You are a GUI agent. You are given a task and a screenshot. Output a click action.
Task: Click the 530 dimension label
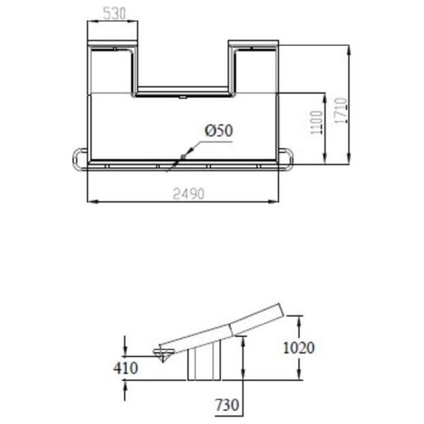[114, 13]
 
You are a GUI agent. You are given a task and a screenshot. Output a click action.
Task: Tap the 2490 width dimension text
[189, 194]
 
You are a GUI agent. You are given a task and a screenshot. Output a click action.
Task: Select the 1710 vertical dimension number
[340, 110]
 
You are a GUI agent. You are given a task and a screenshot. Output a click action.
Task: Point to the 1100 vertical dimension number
[316, 123]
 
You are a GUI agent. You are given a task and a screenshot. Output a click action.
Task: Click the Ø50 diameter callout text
[219, 130]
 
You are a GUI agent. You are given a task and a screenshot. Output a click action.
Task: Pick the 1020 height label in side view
[299, 348]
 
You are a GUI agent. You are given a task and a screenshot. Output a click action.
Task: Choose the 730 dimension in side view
[227, 405]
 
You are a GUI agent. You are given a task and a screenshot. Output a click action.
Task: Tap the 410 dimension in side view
[126, 368]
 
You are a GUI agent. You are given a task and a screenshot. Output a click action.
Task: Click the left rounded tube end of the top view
[75, 160]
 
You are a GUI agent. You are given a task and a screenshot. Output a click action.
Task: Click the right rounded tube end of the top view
[291, 160]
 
